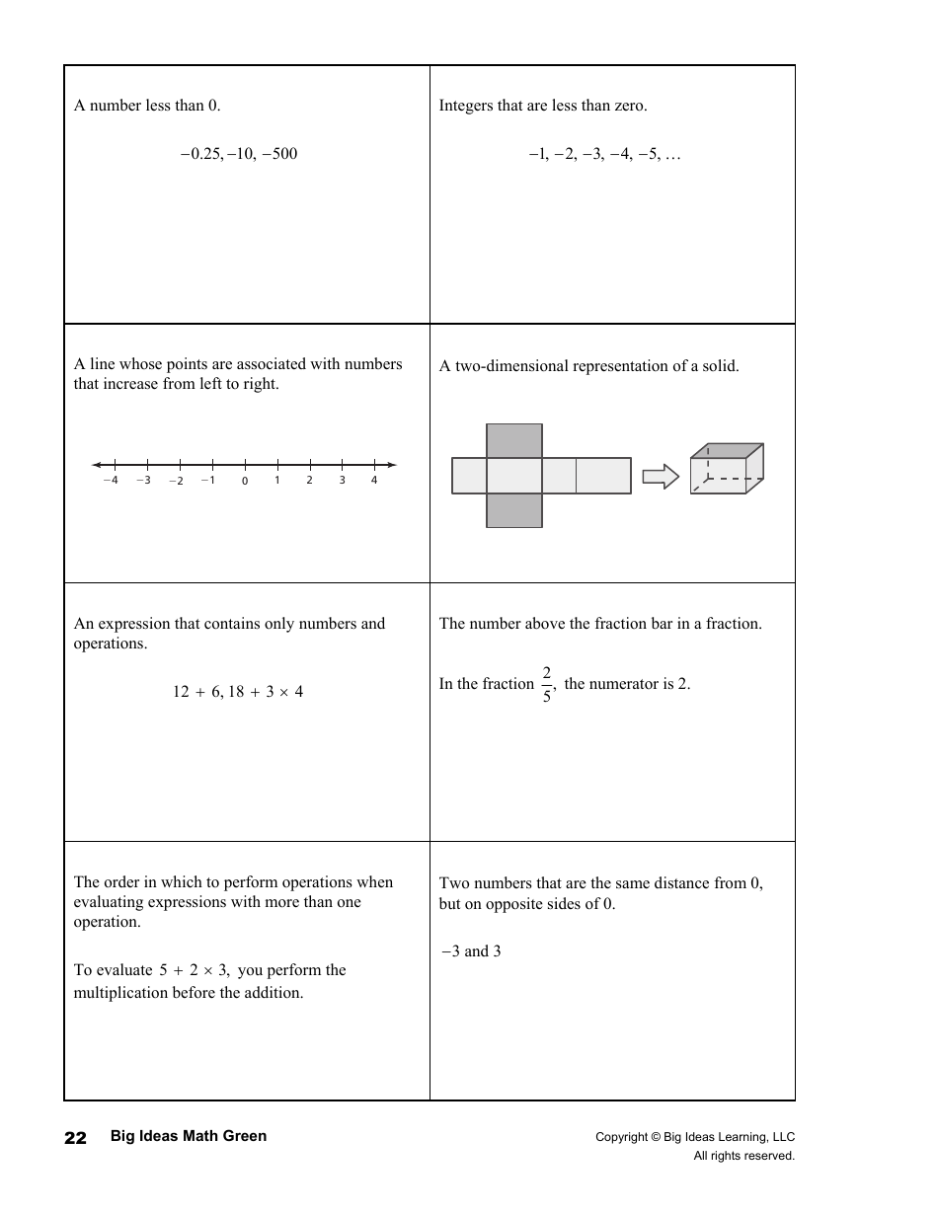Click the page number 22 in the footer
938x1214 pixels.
coord(75,1138)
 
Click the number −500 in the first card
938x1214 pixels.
coord(279,154)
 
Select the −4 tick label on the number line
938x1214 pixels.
coord(111,481)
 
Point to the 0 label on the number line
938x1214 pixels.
coord(245,482)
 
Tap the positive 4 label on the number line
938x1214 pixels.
coord(374,481)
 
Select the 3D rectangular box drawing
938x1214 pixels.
coord(726,469)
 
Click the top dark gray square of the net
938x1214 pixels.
coord(514,440)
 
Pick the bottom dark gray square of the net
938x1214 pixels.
coord(514,510)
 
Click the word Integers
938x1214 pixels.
coord(466,106)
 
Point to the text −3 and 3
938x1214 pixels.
coord(471,951)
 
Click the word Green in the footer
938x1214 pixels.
coord(245,1136)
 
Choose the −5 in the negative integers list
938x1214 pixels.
coord(649,154)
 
